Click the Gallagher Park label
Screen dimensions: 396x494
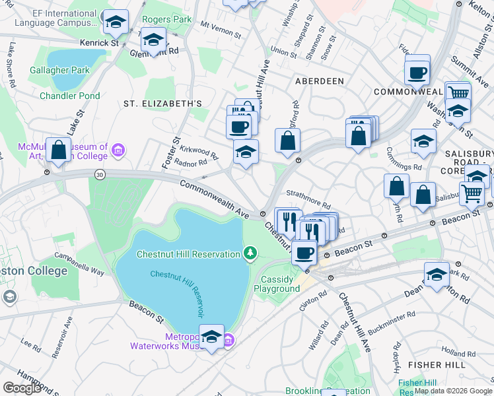pos(59,69)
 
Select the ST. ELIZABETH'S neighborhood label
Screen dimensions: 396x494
pos(162,104)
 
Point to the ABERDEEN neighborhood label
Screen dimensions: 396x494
pos(319,81)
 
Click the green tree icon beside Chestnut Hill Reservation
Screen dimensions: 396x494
pos(250,253)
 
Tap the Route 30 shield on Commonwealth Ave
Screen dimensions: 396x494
pos(100,174)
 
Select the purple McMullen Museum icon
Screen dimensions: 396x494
pos(118,151)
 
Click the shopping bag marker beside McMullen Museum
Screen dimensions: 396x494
pos(59,150)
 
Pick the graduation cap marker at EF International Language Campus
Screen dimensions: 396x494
pos(116,23)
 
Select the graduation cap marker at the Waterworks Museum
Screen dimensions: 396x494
pos(211,337)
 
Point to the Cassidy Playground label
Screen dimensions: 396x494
pos(277,284)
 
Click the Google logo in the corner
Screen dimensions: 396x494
pos(22,387)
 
